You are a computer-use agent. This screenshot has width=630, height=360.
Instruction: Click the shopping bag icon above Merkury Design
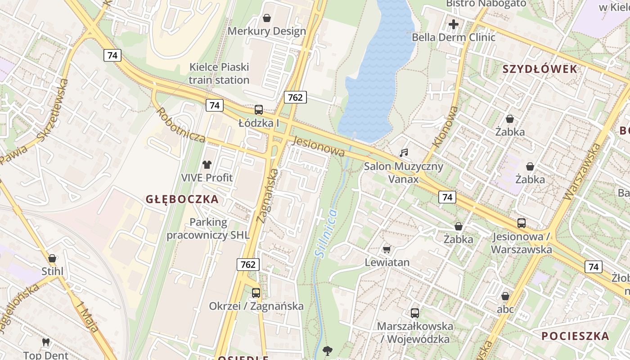267,18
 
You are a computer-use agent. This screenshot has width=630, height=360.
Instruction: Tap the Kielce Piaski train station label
219,74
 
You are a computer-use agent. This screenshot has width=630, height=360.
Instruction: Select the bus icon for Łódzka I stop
259,109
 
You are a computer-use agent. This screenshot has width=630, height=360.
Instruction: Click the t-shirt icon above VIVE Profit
207,165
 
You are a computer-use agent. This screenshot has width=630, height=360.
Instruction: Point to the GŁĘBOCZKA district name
182,199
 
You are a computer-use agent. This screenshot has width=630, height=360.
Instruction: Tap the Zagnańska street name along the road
267,196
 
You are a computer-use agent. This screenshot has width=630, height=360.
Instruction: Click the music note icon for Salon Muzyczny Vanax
404,153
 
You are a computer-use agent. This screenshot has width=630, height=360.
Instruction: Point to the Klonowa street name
445,127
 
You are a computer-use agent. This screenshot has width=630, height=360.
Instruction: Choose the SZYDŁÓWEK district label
540,69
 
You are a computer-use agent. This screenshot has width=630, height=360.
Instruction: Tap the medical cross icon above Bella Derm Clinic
454,24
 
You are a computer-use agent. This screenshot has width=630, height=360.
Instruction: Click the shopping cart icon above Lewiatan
387,249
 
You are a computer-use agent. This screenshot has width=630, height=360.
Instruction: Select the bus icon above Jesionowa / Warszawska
521,223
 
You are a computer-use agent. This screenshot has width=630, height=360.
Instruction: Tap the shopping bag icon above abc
505,296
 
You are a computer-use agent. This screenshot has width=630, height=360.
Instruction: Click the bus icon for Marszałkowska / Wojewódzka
415,313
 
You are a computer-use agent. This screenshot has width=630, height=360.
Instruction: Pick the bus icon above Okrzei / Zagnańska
256,293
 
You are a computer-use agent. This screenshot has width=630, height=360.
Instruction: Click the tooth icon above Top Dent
45,342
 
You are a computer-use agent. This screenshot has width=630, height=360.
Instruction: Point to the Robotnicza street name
181,125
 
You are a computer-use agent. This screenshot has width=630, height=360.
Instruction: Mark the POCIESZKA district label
575,336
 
